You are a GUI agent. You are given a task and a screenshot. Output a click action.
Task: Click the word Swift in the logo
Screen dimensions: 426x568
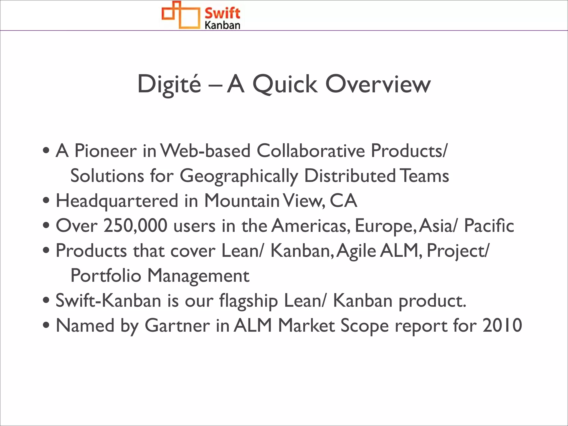222,13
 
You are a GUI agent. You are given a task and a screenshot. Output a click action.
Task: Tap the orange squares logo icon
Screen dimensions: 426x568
181,15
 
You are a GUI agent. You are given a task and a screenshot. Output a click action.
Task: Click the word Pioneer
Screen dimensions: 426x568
106,151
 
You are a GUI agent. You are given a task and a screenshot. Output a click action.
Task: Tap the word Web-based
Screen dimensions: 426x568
206,151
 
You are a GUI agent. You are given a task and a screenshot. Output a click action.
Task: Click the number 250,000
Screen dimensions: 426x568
135,226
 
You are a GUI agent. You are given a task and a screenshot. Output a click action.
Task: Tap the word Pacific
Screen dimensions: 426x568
489,226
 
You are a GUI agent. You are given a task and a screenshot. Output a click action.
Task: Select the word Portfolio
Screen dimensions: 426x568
106,276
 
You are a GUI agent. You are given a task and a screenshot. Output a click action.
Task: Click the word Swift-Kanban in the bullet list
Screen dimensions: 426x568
108,301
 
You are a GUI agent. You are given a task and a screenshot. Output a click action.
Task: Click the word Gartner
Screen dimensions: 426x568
177,326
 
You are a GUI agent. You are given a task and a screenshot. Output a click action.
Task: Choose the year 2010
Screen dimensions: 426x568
502,326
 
